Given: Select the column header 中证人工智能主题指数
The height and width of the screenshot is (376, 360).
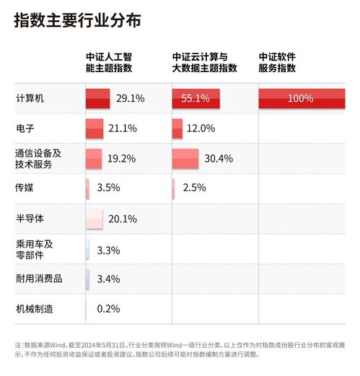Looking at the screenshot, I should coord(109,62).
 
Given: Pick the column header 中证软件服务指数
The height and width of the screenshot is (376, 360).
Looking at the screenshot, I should coord(278,62).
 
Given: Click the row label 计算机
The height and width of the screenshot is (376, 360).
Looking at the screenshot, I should coord(30,98).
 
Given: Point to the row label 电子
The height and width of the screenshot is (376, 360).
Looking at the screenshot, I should coord(25,128).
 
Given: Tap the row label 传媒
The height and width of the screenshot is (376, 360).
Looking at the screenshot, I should coord(25,188).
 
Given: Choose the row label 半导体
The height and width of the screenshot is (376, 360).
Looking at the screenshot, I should coord(30,218).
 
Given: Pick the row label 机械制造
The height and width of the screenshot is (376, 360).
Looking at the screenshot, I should coord(35,309).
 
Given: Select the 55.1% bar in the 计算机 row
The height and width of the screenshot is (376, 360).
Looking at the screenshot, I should coord(191,98).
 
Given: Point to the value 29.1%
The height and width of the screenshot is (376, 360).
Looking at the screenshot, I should coord(131,98).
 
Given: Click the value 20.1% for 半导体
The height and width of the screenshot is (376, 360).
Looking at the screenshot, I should coord(122,219).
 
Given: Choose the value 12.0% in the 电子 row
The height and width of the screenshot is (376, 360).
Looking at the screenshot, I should coord(201,128).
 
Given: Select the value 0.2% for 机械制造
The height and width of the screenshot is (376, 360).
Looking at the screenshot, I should coord(108,309).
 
